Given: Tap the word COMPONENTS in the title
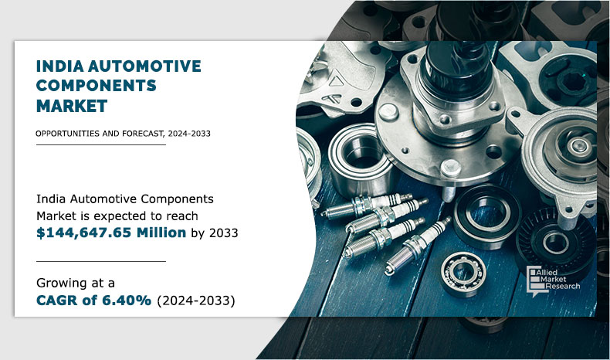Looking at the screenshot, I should [97, 85].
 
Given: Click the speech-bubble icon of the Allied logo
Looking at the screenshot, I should [533, 280].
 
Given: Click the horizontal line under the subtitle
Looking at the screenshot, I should [100, 144].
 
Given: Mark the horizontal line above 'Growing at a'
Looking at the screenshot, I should [100, 261].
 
